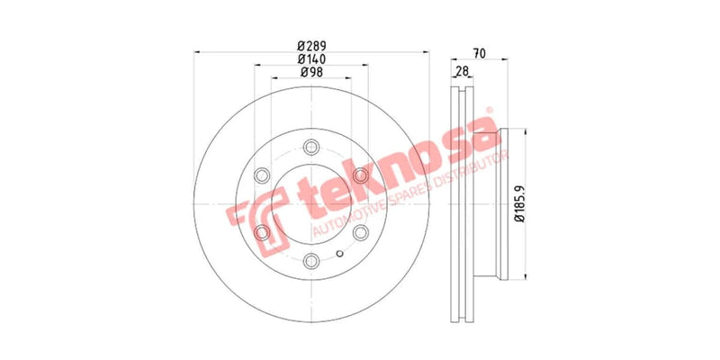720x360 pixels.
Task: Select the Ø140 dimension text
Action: click(311, 59)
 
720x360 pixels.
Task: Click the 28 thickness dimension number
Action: click(461, 71)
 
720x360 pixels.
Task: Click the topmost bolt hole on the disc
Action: click(311, 147)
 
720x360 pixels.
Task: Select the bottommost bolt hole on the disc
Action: click(311, 261)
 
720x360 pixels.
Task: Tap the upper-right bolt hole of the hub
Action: click(361, 175)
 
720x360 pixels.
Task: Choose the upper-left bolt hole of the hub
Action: click(262, 175)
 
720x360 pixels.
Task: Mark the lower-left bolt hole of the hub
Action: click(262, 233)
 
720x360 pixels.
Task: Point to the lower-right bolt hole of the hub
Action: click(361, 233)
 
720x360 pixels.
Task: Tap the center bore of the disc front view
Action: click(311, 204)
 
